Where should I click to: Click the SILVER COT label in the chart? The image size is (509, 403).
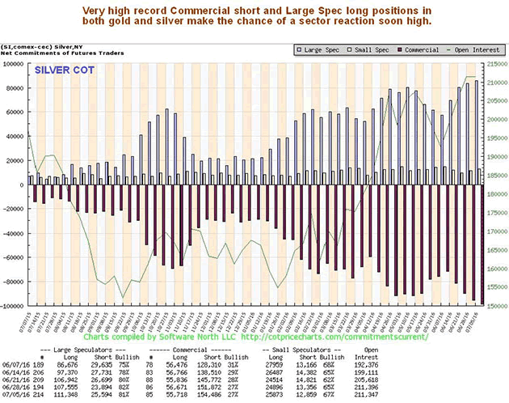[x=64, y=70]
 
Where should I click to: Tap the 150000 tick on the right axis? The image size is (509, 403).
[x=495, y=307]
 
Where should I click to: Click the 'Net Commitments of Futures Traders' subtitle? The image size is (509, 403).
[x=52, y=53]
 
